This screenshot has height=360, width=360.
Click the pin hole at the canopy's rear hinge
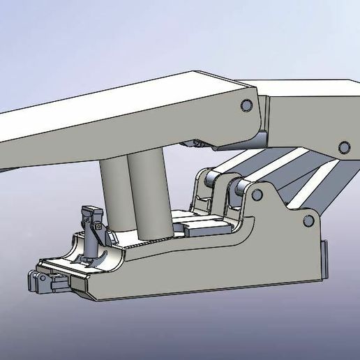coord(246,105)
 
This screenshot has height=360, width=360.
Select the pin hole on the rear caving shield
coord(343,147)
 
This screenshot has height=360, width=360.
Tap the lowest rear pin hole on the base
coord(307,222)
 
